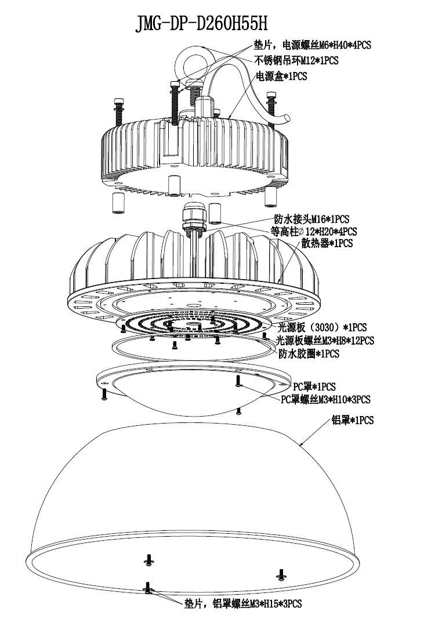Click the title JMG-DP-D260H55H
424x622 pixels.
click(201, 24)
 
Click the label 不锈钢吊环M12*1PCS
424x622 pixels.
click(296, 60)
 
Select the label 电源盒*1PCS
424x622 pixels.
click(281, 75)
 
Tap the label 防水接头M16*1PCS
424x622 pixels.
click(311, 219)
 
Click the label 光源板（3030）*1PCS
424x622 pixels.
click(322, 327)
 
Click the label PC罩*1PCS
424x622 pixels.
click(314, 386)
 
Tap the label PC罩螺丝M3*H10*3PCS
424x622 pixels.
click(325, 399)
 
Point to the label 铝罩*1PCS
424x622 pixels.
click(352, 420)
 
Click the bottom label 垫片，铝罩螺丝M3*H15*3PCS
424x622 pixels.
click(243, 604)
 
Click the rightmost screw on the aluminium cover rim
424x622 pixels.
click(281, 574)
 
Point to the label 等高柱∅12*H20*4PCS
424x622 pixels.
click(314, 232)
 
